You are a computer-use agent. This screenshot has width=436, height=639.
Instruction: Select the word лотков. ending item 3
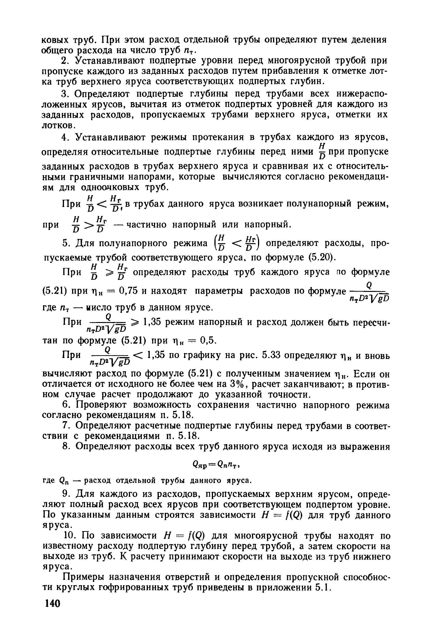[x=58, y=126]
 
